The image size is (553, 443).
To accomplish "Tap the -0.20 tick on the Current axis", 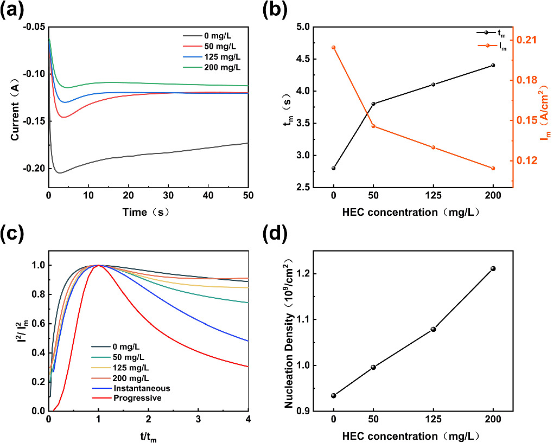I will click(35, 169).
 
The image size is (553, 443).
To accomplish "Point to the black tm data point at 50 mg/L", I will click(373, 104).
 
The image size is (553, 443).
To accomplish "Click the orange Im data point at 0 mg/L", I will click(333, 47).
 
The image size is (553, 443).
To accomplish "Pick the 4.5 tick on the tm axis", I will click(309, 59).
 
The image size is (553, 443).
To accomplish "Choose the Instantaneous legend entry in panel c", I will click(141, 388).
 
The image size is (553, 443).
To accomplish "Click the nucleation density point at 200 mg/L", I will click(493, 268).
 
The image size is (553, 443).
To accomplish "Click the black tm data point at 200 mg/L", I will click(493, 65).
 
